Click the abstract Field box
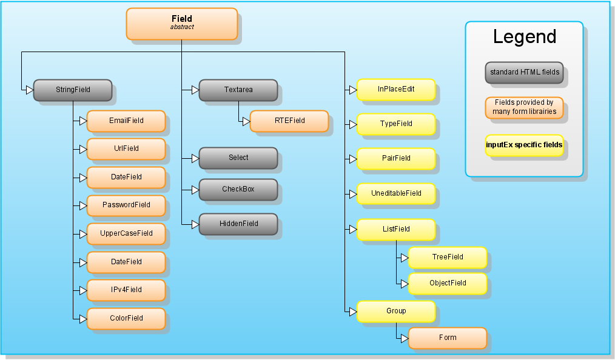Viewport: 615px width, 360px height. coord(182,24)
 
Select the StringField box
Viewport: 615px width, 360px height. coord(73,90)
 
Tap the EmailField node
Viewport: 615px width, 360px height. coord(126,121)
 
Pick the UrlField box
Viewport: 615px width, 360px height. coord(126,149)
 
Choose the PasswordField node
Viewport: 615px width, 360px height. coord(126,205)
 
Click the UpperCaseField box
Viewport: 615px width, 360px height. coord(126,234)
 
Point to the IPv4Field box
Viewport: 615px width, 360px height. coord(126,290)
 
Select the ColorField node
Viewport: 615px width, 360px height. coord(126,318)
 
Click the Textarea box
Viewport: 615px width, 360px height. coord(238,90)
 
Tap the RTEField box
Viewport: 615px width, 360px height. coord(289,121)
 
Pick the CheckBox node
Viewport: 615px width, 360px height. coord(238,190)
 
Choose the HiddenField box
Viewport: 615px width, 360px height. coord(238,224)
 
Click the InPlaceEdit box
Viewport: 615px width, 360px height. coord(396,90)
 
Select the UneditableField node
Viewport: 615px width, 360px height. coord(396,193)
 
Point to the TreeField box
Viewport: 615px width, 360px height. coord(448,258)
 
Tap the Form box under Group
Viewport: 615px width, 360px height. coord(448,338)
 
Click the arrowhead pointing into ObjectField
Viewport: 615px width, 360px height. coord(405,284)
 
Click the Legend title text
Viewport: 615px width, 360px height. coord(525,37)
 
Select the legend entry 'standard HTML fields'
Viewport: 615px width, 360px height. coord(525,73)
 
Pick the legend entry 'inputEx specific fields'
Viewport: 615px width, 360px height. coord(525,145)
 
